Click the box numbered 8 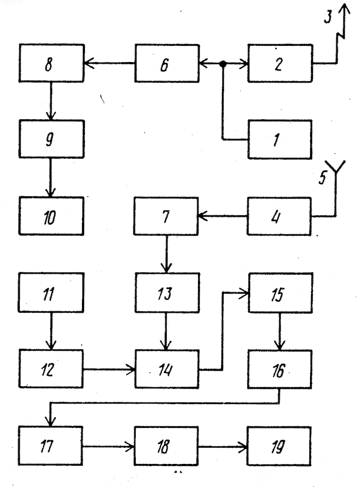click(52, 63)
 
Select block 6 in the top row click(167, 63)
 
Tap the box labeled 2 click(280, 63)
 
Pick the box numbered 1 click(280, 139)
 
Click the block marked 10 click(51, 216)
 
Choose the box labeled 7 click(166, 216)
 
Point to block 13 click(167, 293)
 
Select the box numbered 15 click(280, 293)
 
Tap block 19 click(279, 445)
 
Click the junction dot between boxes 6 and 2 click(223, 64)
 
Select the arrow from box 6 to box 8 click(109, 63)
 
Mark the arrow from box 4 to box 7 click(223, 216)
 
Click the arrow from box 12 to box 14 click(109, 370)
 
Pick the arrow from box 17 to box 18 click(108, 446)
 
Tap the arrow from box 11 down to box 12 click(51, 330)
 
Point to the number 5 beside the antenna click(323, 177)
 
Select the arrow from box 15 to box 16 click(279, 331)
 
